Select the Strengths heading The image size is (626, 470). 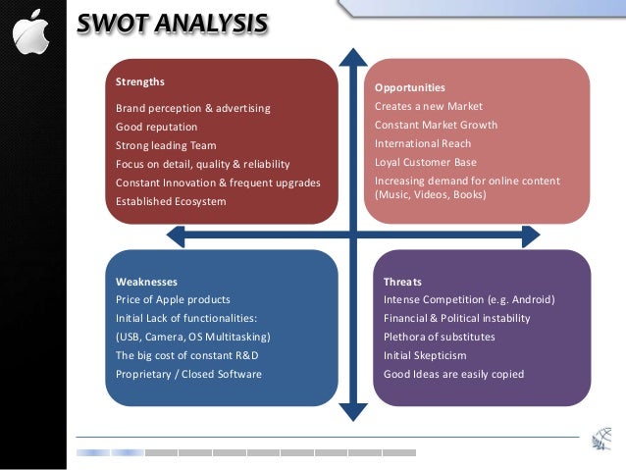tap(140, 81)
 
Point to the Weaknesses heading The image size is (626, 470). tap(146, 282)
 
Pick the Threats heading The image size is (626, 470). tap(402, 282)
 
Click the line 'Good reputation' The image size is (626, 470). tap(156, 127)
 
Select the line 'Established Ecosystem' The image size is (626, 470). tap(171, 201)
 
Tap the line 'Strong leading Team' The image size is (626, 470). tap(166, 145)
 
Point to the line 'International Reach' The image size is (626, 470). tap(423, 143)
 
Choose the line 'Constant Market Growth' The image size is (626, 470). tap(436, 125)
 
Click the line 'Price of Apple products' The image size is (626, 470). tap(173, 299)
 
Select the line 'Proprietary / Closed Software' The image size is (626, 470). tap(188, 374)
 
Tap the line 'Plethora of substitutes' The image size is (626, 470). tap(439, 337)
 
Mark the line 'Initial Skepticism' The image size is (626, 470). tap(425, 355)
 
